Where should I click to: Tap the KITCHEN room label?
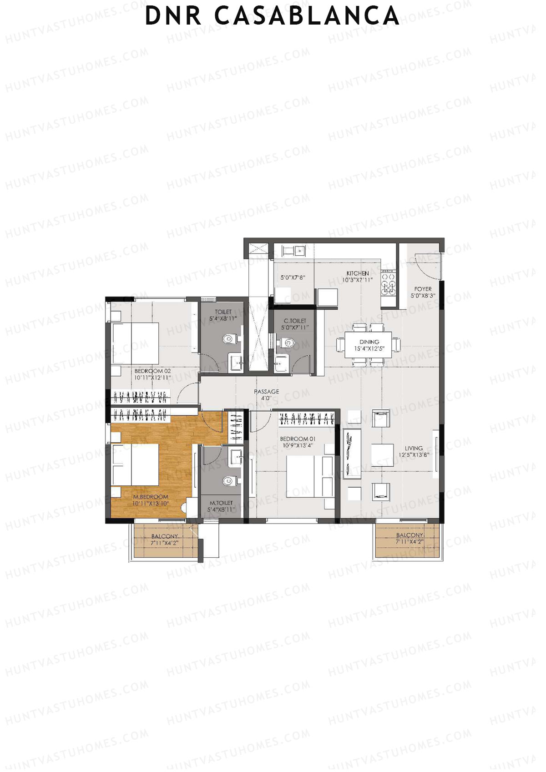[x=358, y=273]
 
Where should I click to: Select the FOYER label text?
[x=423, y=289]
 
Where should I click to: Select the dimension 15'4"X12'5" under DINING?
[x=369, y=349]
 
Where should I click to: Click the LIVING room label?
[x=414, y=448]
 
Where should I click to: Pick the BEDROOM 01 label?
[x=298, y=439]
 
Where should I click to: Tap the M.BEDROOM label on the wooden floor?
[x=151, y=497]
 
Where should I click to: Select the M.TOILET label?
[x=221, y=503]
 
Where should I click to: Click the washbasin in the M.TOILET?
[x=236, y=457]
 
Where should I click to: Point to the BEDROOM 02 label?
[x=152, y=371]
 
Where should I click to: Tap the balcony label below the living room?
[x=409, y=535]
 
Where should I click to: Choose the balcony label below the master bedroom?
[x=165, y=537]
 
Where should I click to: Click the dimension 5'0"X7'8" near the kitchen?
[x=292, y=278]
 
